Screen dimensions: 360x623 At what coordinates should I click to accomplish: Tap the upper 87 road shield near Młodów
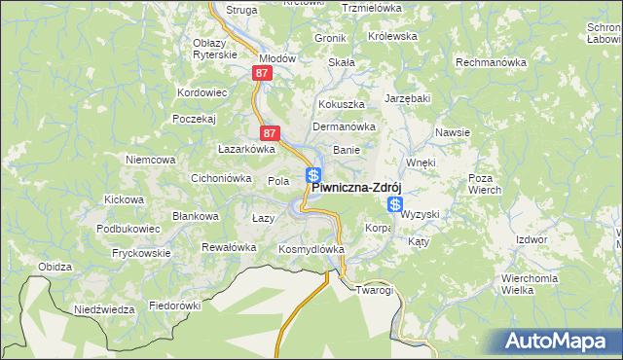point(260,73)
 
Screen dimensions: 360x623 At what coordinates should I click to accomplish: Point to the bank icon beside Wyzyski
point(395,204)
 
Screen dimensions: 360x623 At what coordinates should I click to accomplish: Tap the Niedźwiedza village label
point(104,309)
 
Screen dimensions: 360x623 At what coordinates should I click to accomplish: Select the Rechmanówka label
point(491,62)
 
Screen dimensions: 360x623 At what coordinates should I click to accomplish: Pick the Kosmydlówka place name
point(312,249)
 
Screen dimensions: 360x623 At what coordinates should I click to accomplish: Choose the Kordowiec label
point(202,92)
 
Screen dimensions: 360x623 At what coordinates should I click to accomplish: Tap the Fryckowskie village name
point(141,253)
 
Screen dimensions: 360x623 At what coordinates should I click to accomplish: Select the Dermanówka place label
point(344,126)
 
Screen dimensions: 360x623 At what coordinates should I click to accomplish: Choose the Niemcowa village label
point(150,159)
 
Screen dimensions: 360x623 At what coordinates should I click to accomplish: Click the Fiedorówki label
point(174,305)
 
